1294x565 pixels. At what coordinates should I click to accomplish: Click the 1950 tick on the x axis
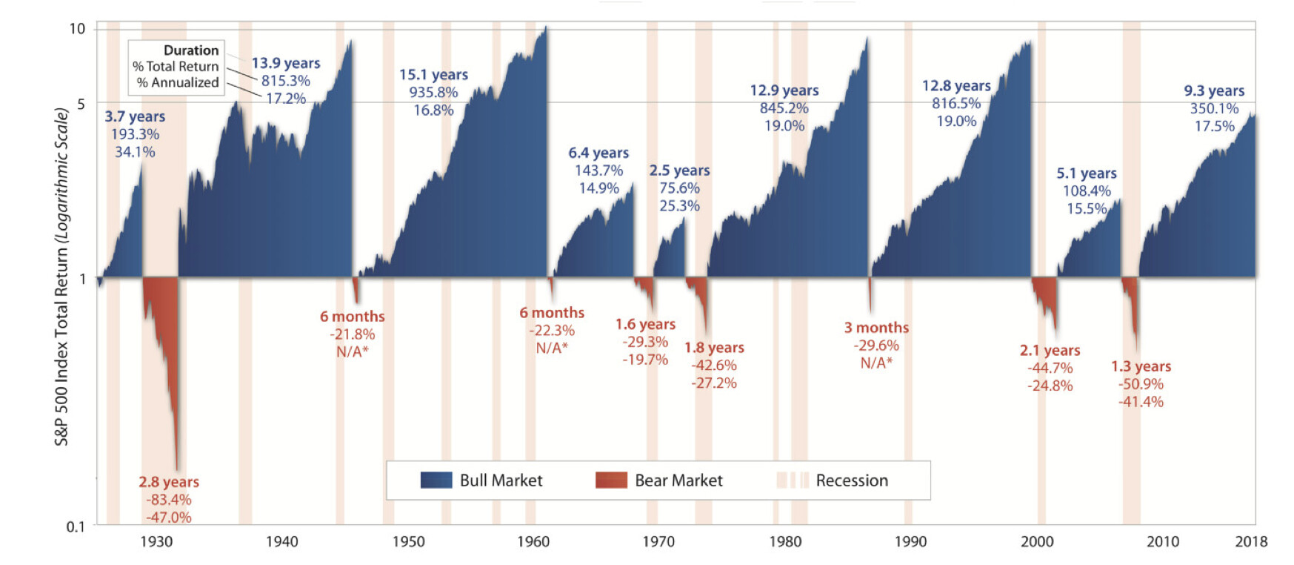pos(408,541)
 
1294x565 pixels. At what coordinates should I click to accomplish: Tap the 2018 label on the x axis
pos(1251,541)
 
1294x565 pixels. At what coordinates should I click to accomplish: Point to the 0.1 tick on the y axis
pos(76,526)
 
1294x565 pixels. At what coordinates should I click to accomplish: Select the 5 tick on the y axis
pos(81,104)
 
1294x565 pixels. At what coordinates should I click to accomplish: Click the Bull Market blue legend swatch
pos(436,480)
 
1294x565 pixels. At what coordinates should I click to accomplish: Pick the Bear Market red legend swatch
pos(611,480)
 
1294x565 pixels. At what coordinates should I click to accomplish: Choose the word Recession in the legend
pos(852,480)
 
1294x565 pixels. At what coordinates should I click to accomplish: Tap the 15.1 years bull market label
pos(433,75)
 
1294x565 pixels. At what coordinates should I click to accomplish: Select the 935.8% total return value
pos(433,93)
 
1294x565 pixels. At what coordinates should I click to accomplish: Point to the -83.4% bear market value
pos(169,500)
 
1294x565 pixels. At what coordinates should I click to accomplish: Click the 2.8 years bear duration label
pos(169,482)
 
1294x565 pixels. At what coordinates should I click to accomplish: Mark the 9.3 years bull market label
pos(1214,90)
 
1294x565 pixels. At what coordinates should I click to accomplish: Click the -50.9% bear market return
pos(1141,384)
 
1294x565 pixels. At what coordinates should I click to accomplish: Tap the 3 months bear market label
pos(876,328)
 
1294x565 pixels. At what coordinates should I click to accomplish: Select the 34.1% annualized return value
pos(135,152)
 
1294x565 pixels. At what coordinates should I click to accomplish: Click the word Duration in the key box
pos(191,50)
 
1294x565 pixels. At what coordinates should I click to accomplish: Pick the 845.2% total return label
pos(784,108)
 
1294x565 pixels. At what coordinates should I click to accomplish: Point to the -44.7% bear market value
pos(1050,368)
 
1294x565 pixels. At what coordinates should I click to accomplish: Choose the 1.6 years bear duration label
pos(645,324)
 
